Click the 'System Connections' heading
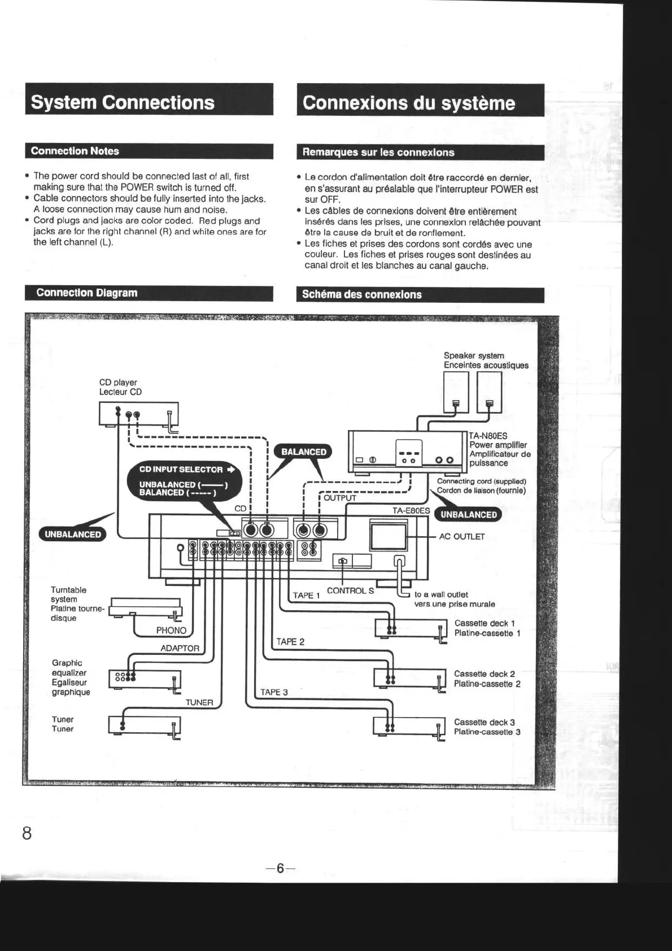pos(123,102)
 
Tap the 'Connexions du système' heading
pos(408,103)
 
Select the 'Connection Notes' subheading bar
pos(75,151)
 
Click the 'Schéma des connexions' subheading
pos(361,294)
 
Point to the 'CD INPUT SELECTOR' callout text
pos(181,470)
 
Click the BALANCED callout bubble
pos(304,452)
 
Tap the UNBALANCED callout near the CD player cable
pos(73,535)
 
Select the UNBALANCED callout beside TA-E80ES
pos(469,515)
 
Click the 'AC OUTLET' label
pos(462,537)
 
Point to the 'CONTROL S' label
pos(350,590)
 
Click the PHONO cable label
pos(171,630)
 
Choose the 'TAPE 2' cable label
pos(290,641)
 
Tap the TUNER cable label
pos(199,702)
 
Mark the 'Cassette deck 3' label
pos(485,722)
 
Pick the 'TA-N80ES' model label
pos(488,436)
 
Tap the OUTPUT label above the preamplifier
pos(339,498)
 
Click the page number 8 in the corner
pos(27,833)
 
